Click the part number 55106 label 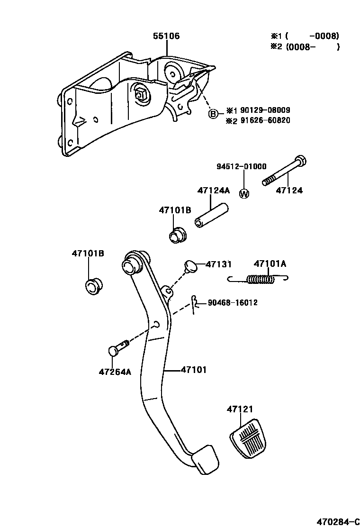coord(166,36)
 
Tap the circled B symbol coord(214,114)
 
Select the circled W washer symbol coord(244,193)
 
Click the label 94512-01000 coord(241,166)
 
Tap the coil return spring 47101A coord(260,280)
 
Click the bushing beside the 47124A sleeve coord(178,235)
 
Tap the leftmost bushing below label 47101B coord(93,286)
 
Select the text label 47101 coord(193,370)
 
